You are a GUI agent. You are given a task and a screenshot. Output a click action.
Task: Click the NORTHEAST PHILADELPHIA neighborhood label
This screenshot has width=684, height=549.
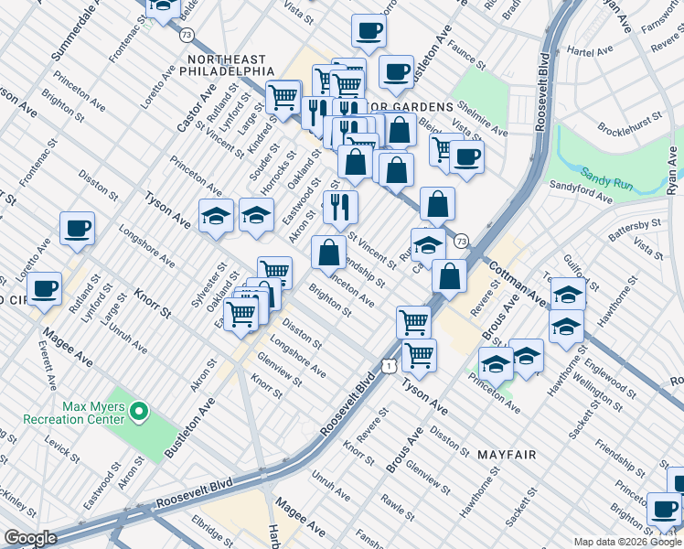230,64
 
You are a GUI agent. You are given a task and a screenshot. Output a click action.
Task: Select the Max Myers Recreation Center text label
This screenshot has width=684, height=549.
92,412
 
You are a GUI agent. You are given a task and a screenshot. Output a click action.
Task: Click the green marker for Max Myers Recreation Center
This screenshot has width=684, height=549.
140,413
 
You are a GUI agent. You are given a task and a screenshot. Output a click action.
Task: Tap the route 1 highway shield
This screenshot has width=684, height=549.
390,365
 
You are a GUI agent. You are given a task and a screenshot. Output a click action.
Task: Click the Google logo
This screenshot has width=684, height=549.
30,538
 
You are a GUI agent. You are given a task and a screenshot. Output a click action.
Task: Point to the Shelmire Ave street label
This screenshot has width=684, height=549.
481,119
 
